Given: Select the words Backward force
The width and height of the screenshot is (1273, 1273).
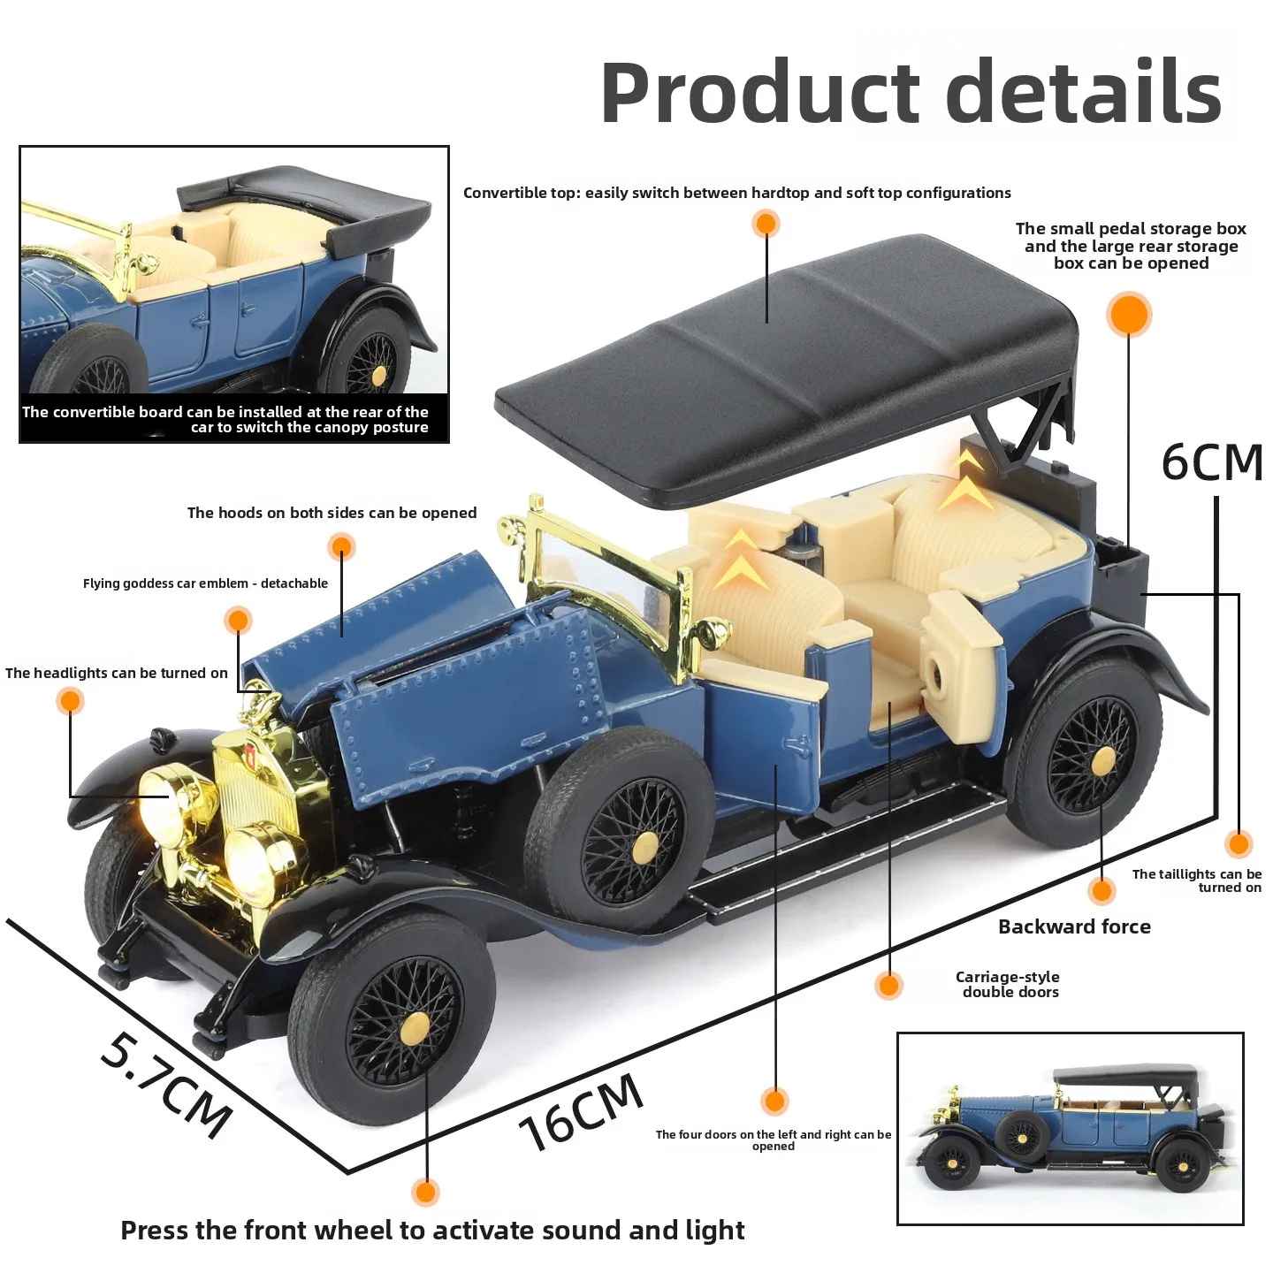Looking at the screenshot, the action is (x=1074, y=926).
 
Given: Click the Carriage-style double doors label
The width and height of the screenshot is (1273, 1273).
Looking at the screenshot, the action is (x=1008, y=984).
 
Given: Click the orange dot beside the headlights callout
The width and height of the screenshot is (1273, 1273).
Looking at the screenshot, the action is (x=70, y=701).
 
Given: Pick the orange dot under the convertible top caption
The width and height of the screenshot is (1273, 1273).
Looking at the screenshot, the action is (x=766, y=224).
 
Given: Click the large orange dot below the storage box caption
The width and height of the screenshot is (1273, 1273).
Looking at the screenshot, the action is (x=1129, y=314).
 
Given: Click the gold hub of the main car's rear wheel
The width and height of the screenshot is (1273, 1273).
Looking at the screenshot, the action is (x=1102, y=763).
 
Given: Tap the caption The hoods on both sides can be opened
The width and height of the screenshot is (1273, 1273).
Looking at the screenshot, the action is (x=332, y=513).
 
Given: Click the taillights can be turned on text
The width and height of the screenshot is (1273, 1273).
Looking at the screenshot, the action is (x=1196, y=880).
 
